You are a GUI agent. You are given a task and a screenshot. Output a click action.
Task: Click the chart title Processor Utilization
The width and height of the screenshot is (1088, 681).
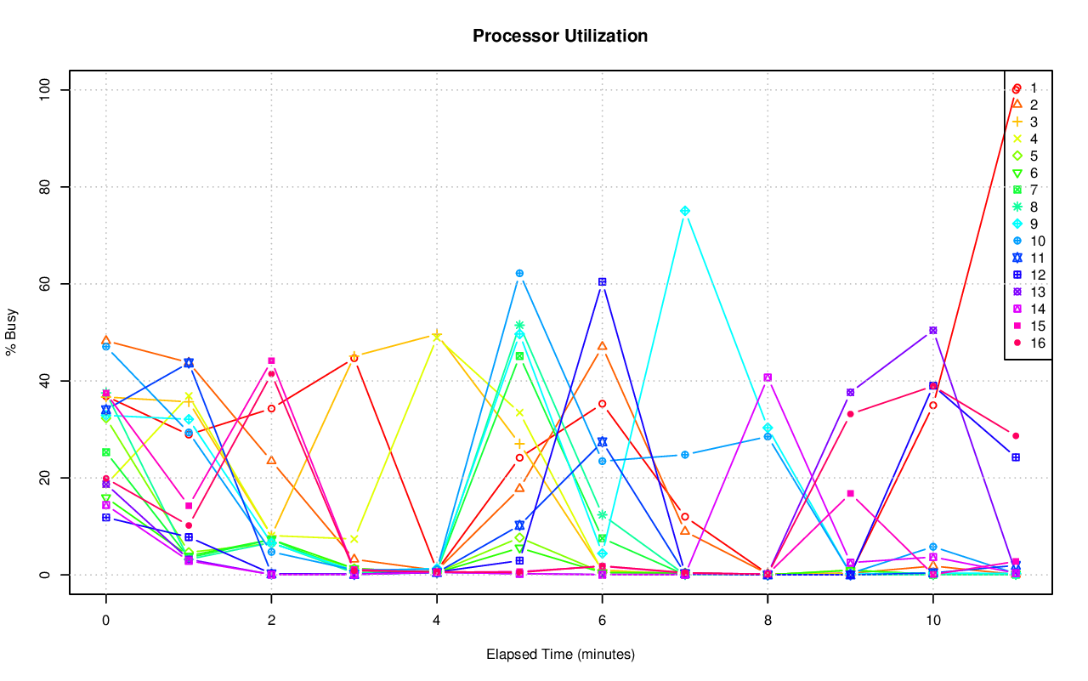tap(560, 36)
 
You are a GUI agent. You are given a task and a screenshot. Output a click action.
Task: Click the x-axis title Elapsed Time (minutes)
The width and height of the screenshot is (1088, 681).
tap(560, 655)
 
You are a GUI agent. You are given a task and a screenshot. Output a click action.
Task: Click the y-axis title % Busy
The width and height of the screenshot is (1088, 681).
tap(12, 332)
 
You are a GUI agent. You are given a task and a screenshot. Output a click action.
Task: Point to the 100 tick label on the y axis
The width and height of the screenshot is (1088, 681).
tap(47, 90)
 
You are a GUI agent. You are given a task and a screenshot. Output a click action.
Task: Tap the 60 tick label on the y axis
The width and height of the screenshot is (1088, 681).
tap(47, 284)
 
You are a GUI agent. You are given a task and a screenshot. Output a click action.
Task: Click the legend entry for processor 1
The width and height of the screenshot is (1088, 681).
tap(1024, 88)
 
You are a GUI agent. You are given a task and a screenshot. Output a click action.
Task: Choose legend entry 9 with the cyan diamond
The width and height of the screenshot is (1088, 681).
tap(1024, 224)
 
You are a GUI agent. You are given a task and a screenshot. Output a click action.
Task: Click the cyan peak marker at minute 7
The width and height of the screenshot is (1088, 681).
tap(685, 211)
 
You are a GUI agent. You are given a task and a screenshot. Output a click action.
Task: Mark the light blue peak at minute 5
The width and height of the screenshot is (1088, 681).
tap(519, 274)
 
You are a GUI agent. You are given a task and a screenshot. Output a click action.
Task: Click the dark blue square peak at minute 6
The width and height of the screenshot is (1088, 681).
tap(602, 281)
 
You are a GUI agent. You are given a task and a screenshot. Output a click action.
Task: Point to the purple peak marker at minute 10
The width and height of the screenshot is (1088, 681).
tap(932, 330)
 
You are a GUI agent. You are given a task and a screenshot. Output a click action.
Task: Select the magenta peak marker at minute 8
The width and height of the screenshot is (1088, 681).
tap(768, 377)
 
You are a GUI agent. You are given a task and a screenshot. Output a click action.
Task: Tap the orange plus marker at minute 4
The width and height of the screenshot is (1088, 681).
tap(437, 335)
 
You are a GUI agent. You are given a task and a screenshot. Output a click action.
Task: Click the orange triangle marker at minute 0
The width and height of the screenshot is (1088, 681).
tap(105, 341)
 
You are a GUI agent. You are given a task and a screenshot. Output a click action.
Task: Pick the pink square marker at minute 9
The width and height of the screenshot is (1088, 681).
tap(850, 493)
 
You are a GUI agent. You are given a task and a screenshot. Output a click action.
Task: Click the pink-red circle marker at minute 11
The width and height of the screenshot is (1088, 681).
tap(1016, 436)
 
